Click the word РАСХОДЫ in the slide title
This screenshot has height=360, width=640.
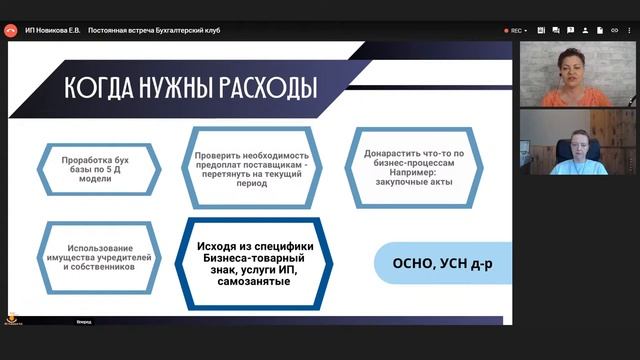click(262, 87)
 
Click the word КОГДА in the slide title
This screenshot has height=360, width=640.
click(99, 87)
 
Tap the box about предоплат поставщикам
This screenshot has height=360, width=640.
click(252, 161)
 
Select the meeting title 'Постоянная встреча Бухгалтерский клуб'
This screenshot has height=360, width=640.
click(154, 30)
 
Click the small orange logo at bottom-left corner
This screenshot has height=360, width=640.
click(14, 320)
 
